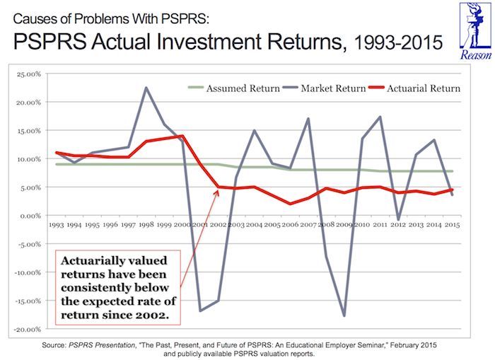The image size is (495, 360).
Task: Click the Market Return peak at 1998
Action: point(146,88)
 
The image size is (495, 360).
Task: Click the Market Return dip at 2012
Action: point(399,220)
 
